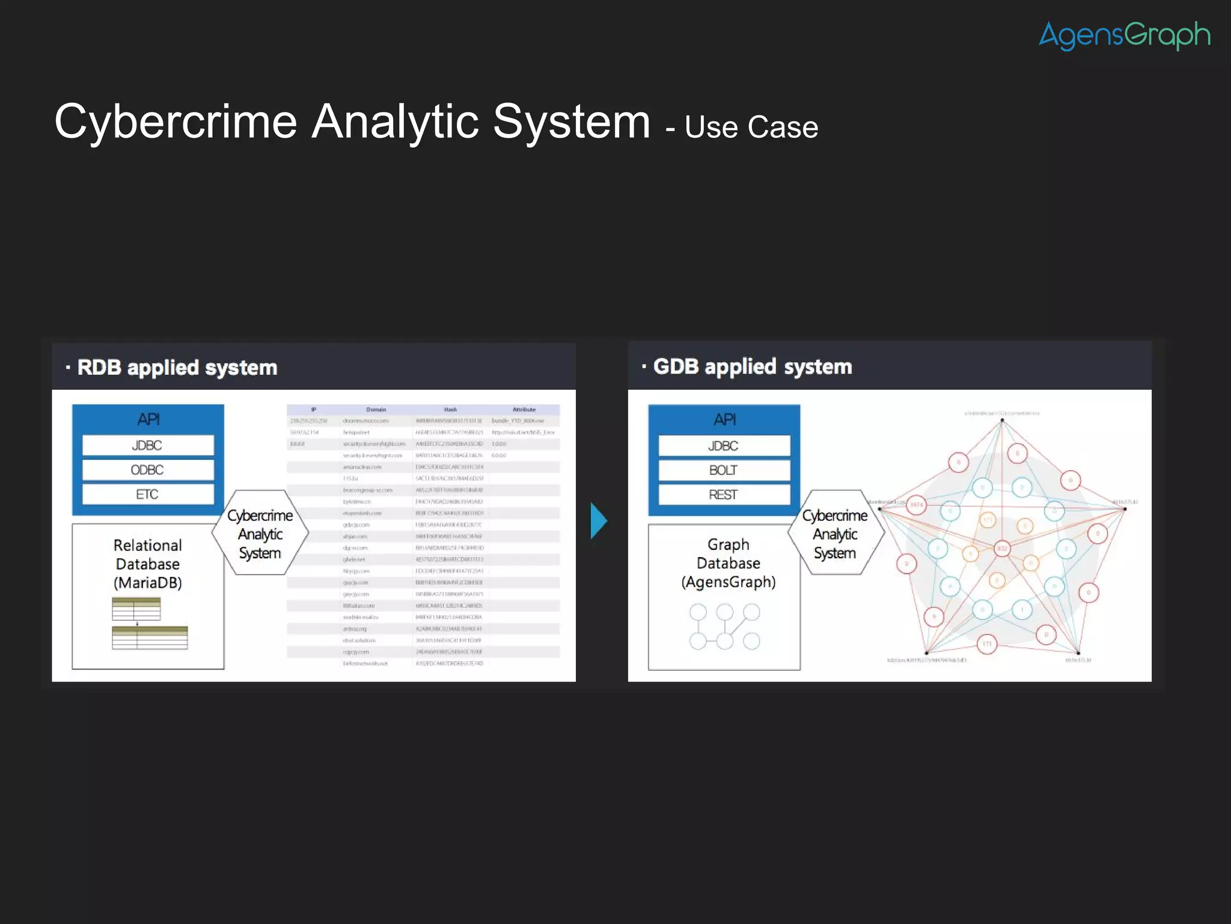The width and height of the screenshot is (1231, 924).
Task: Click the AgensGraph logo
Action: tap(1124, 35)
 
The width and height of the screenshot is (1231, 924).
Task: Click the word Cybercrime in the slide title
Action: tap(176, 122)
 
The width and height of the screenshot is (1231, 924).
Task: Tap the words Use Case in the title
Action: tap(751, 128)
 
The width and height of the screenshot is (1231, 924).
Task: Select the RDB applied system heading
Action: tap(177, 368)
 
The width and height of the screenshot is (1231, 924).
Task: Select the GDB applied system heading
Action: tap(753, 366)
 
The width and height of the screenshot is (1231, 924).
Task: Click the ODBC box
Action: tap(148, 470)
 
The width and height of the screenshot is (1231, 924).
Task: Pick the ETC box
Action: tap(148, 494)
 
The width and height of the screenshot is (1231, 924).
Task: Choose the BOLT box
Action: tap(724, 470)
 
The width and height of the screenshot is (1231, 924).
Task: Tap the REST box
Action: tap(724, 495)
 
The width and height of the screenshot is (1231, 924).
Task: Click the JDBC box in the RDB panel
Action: tap(148, 445)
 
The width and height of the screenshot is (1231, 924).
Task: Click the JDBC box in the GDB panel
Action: tap(724, 446)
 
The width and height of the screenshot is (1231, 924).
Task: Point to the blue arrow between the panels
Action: tap(599, 520)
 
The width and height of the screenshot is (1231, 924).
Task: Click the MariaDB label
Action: tap(148, 583)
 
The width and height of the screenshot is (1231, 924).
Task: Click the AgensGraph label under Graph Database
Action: tap(729, 582)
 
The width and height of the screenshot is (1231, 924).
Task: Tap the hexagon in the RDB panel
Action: tap(260, 534)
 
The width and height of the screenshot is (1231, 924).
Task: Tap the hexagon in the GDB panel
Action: tap(835, 534)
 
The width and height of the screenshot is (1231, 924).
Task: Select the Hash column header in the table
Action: tap(450, 410)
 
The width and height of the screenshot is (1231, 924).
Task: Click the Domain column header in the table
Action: tap(376, 410)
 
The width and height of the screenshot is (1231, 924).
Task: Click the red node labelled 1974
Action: tap(916, 505)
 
